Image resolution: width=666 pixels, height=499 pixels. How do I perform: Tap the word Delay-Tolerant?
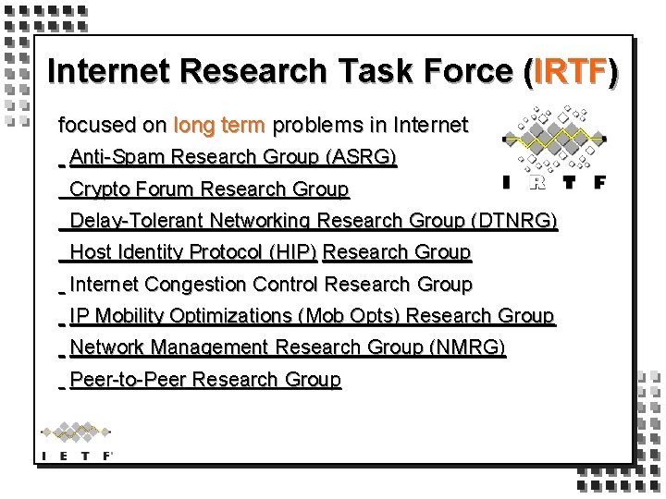tap(137, 222)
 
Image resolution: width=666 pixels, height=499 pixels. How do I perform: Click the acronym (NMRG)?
tap(468, 348)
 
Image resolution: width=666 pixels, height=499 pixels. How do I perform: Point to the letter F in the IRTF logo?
tap(598, 182)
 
